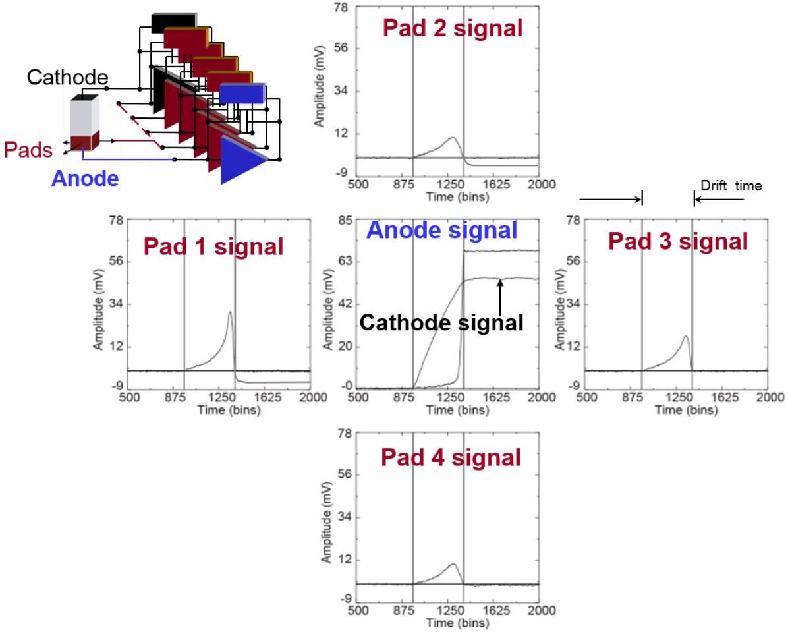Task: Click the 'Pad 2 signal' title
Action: (x=453, y=28)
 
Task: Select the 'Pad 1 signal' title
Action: (x=213, y=247)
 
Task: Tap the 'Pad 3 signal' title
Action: (x=678, y=242)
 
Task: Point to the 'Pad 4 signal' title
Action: (x=451, y=457)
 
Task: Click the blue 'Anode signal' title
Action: (x=442, y=230)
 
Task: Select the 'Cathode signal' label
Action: (x=442, y=322)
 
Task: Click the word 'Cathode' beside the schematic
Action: (x=68, y=78)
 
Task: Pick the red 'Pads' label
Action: (x=28, y=150)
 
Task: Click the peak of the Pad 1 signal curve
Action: (x=229, y=312)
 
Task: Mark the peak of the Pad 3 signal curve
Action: (x=686, y=337)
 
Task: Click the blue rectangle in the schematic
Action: (x=241, y=94)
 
